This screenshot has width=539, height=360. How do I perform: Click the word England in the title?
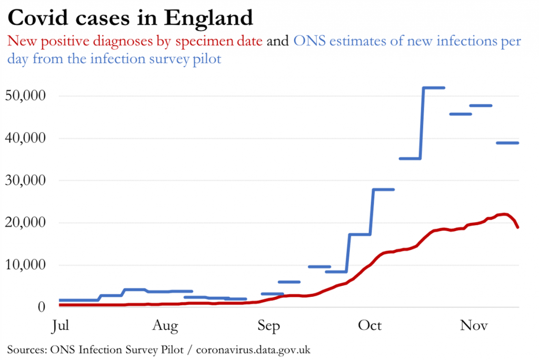pos(209,19)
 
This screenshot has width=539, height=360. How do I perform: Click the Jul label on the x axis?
pos(61,326)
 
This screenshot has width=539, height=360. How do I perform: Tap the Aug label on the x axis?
pos(166,326)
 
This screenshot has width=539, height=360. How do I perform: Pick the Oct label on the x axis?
pos(370,326)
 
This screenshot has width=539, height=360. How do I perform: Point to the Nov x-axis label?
pos(474,326)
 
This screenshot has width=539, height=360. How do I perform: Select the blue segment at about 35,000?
pos(410,158)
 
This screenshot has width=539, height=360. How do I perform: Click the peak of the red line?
pos(504,214)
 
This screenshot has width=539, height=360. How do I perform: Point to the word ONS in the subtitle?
pos(305,41)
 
